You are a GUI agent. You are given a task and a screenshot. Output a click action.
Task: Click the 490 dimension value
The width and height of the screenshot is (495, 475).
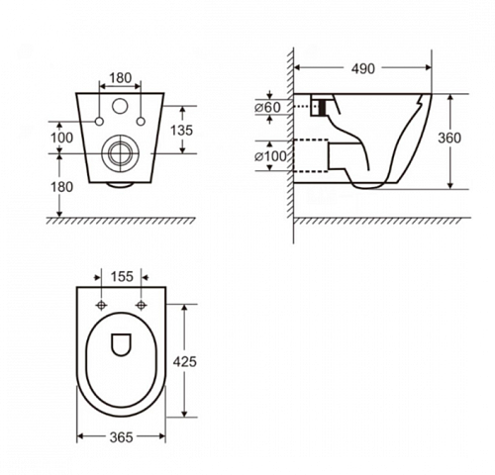(x=363, y=68)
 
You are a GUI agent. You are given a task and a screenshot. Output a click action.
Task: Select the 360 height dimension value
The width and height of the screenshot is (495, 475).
(x=449, y=138)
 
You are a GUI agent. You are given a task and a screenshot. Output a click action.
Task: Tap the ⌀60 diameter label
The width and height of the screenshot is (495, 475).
(x=267, y=107)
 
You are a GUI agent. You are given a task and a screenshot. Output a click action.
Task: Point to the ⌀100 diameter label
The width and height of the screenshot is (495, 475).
(x=270, y=156)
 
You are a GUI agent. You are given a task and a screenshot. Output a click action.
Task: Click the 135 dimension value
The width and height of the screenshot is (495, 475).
(x=181, y=131)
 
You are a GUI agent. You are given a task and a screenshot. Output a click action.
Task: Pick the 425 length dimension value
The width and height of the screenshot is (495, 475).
(x=185, y=361)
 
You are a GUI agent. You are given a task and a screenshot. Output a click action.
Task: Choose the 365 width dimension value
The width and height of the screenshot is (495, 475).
(x=121, y=437)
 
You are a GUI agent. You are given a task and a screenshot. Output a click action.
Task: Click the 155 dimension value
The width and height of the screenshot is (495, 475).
(x=122, y=276)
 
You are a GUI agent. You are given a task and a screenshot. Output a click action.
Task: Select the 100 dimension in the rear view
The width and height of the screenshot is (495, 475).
(x=61, y=138)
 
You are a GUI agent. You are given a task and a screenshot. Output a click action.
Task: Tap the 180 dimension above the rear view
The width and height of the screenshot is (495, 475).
(x=120, y=78)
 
